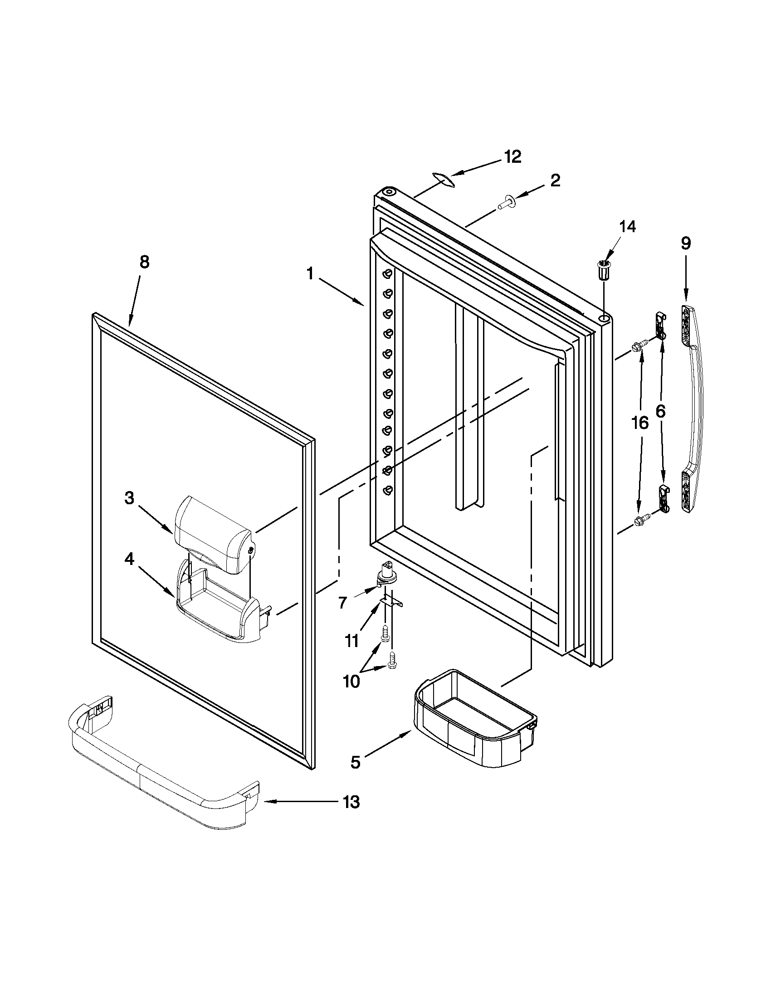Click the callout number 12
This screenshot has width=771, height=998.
(x=513, y=157)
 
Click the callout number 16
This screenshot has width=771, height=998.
(x=640, y=423)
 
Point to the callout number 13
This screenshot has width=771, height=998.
(x=351, y=802)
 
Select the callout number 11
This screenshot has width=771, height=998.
(x=351, y=641)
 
